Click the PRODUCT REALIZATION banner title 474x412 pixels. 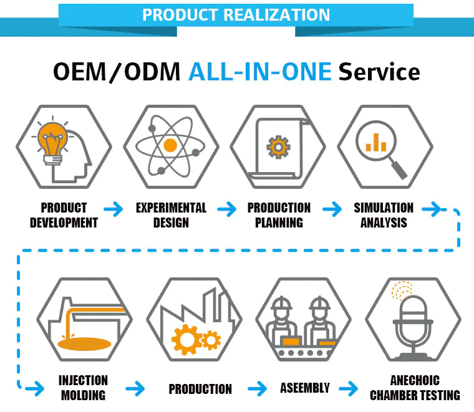coord(236,14)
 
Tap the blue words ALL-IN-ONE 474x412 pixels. coord(260,72)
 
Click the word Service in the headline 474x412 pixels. coord(379,72)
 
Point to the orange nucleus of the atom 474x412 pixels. coord(170,145)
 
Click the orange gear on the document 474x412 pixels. coord(278,147)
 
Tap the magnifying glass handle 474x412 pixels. coord(399,170)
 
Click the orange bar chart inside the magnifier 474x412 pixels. coord(375,143)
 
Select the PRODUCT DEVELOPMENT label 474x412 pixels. coord(64,216)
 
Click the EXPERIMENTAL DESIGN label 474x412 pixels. coord(171,216)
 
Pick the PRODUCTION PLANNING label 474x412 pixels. coord(279,216)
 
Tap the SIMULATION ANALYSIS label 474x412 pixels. coord(384,216)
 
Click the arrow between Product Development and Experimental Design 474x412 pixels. coord(114,209)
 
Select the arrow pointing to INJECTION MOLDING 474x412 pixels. coord(35,388)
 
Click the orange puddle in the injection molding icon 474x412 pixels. coord(84,344)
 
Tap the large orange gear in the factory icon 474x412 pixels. coord(186,340)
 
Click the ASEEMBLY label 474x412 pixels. coord(305,388)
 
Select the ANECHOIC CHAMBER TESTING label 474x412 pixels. coord(415,388)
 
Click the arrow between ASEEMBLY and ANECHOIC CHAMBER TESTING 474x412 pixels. coord(349,388)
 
